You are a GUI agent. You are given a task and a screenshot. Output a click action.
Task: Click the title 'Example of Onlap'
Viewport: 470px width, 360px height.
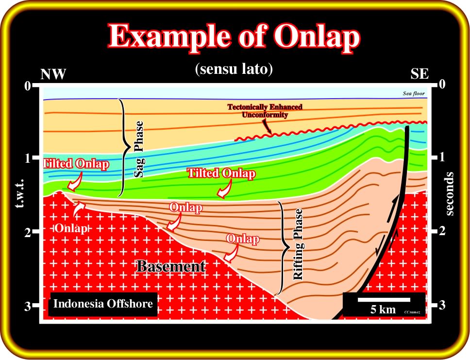tap(234, 36)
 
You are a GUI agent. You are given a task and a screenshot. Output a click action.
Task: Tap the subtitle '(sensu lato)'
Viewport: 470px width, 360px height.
tap(234, 69)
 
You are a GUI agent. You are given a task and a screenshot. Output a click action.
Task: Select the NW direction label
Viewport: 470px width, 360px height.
tap(53, 74)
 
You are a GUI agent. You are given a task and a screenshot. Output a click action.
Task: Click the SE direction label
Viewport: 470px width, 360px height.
tap(420, 74)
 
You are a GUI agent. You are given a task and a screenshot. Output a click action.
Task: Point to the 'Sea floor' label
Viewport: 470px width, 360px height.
tap(414, 93)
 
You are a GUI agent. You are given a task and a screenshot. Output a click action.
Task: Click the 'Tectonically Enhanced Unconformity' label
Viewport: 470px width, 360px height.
tap(265, 111)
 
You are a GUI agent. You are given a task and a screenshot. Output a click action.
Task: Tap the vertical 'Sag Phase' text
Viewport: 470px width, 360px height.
tap(138, 149)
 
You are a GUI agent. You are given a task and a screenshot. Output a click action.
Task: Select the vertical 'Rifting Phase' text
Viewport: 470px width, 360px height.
tap(298, 244)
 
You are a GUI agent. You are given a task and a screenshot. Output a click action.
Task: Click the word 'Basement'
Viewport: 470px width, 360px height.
tap(171, 266)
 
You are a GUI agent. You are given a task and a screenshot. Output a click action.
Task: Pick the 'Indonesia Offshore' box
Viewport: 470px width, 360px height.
tap(103, 304)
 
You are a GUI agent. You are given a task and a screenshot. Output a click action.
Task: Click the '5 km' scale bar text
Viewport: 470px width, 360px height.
tap(383, 309)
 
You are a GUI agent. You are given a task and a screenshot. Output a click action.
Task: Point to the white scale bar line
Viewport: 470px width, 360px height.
tap(384, 299)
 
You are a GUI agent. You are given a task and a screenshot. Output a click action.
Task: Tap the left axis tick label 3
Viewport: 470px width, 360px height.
tap(28, 306)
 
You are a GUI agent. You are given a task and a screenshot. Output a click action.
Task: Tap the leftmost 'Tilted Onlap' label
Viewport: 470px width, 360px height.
tap(76, 164)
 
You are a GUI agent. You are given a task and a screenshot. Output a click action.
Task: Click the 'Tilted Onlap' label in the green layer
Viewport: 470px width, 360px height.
tap(221, 173)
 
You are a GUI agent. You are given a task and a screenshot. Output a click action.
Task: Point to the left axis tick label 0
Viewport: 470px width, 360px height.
tap(28, 86)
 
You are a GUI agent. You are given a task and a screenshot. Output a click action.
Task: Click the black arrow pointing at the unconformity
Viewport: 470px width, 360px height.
tap(267, 126)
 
